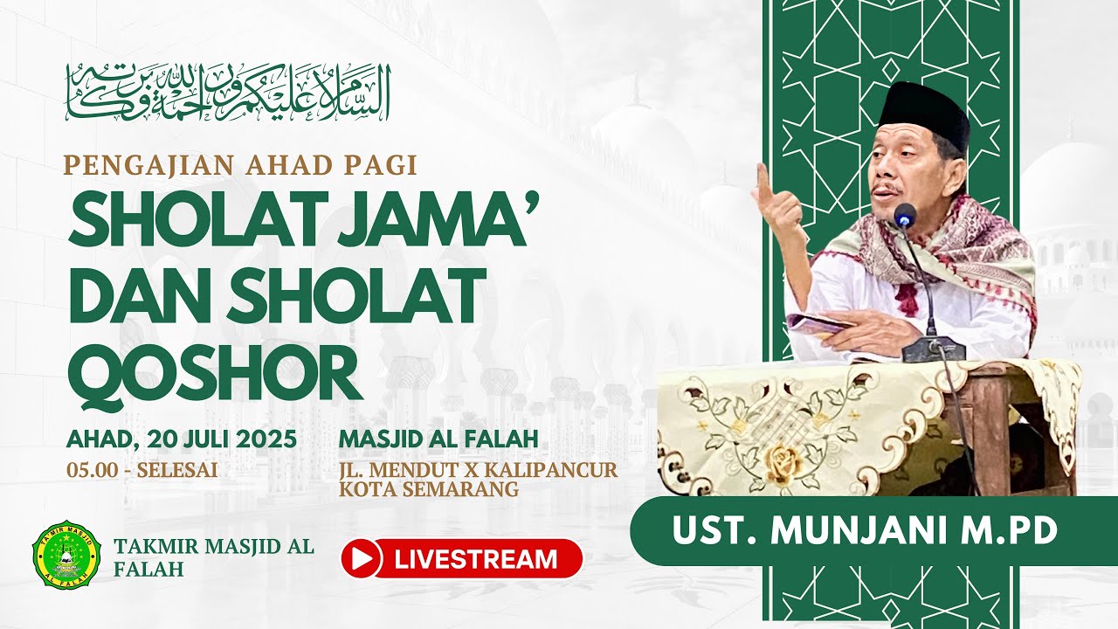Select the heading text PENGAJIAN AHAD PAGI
tap(240, 166)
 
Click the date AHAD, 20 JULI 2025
tap(182, 439)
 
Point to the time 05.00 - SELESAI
tap(142, 470)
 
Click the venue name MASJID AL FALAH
tap(438, 439)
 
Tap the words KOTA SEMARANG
tap(429, 489)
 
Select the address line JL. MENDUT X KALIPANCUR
tap(478, 470)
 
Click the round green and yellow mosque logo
tap(66, 554)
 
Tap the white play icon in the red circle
tap(362, 558)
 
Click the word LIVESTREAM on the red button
tap(476, 559)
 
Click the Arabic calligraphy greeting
tap(228, 93)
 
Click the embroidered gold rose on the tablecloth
tap(782, 460)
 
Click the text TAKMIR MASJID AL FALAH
tap(214, 557)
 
